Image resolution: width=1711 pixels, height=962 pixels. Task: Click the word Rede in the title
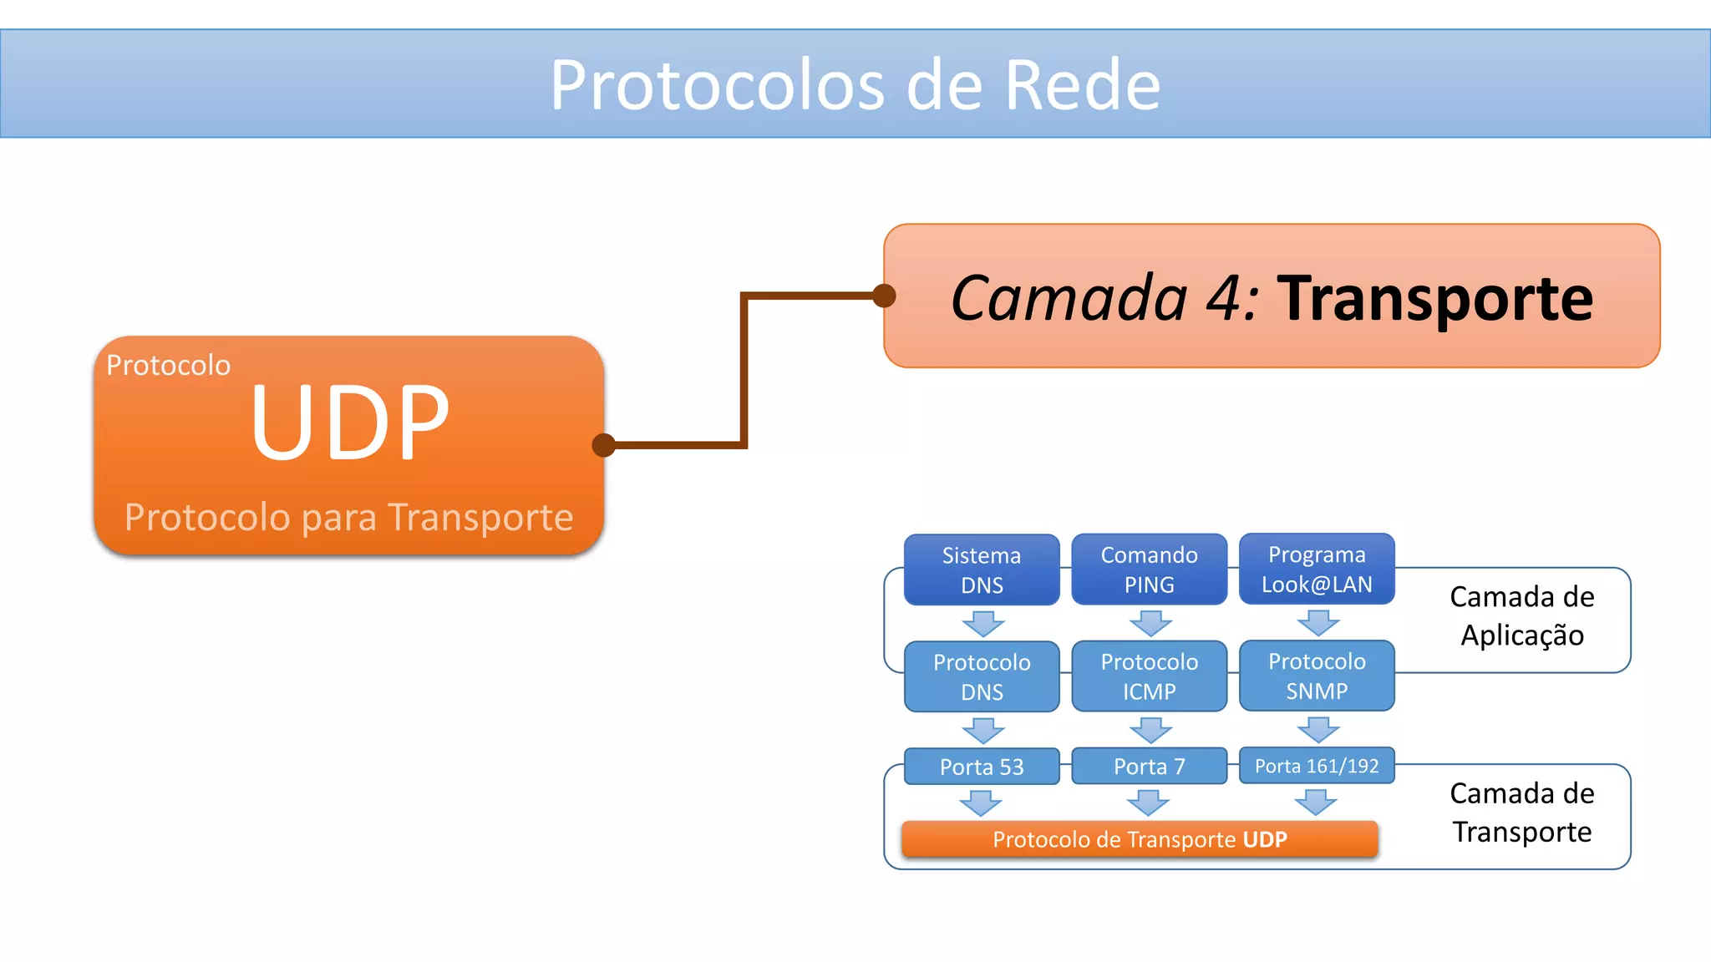1083,85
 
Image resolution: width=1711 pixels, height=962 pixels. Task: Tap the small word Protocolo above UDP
168,366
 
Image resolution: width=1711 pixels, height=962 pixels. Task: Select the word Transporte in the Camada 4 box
1434,298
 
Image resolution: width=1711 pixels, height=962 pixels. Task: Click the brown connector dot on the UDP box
603,445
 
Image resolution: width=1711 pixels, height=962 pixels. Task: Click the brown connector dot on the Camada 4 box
884,296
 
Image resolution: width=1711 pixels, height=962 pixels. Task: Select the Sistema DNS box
982,570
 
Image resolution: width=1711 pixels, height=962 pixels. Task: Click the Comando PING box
1149,570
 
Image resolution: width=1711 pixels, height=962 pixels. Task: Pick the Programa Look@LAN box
1317,569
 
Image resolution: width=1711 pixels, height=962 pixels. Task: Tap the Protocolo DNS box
982,676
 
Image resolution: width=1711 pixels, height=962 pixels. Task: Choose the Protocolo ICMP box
1149,676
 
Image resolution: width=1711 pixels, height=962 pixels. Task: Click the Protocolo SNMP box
1317,676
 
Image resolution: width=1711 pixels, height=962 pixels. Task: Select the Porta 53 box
982,767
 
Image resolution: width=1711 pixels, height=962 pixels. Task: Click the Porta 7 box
1149,766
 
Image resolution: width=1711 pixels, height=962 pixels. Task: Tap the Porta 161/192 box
1317,766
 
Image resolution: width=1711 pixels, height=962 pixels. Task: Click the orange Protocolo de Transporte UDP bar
1140,839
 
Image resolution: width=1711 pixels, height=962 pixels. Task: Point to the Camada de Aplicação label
1521,616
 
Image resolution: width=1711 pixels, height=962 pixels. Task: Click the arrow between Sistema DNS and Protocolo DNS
982,624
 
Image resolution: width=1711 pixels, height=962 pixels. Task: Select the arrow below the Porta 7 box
1148,803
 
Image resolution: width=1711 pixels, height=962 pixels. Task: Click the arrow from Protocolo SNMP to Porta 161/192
1318,730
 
